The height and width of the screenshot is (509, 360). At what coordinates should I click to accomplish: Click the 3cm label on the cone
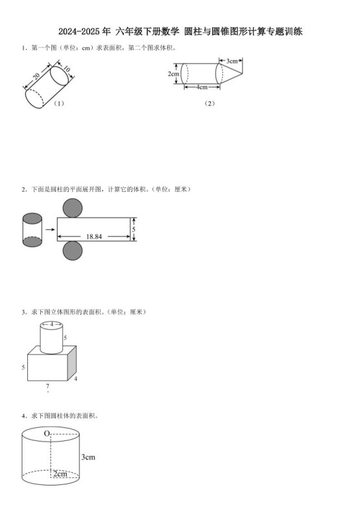231,60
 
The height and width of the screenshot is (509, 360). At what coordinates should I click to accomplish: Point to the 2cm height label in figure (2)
173,74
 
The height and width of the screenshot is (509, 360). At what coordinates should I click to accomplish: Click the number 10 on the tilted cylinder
66,69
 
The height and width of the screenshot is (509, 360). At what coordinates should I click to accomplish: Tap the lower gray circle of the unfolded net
73,252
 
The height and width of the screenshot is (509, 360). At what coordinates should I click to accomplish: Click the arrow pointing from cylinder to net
49,230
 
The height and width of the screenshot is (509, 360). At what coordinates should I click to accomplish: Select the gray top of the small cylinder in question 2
32,219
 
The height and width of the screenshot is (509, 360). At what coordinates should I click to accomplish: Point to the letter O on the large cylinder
47,433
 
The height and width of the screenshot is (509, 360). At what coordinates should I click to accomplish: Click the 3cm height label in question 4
88,457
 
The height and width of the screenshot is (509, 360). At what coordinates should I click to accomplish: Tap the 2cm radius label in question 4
60,474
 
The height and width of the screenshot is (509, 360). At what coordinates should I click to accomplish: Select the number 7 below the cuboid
47,386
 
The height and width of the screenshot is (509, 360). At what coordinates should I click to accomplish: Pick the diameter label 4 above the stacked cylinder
52,324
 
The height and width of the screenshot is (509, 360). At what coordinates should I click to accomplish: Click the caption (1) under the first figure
59,103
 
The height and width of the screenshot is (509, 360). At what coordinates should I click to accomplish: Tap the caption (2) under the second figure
209,102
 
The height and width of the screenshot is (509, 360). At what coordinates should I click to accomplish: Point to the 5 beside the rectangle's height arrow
134,230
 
